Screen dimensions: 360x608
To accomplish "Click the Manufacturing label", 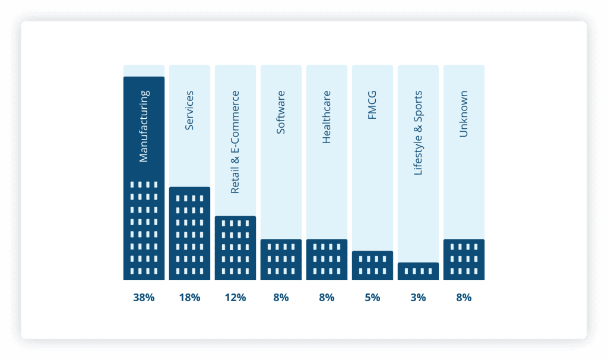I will [144, 126].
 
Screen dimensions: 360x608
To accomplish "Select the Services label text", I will [189, 110].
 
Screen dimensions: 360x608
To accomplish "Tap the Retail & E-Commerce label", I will [235, 142].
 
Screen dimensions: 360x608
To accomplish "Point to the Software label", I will [281, 112].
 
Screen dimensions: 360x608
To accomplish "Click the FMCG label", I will [372, 105].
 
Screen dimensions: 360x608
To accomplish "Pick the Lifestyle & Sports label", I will [418, 133].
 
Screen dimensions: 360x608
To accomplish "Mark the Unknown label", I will [464, 114].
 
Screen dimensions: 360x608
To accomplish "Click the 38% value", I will [144, 298].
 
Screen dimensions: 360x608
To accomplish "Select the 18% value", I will [189, 298].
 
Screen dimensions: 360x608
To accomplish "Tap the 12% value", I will [235, 298].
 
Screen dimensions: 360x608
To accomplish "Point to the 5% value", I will [372, 298].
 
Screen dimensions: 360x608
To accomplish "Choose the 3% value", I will [418, 298].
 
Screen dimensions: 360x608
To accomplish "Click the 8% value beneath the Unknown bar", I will [464, 298].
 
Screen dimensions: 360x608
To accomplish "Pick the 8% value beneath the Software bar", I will [281, 298].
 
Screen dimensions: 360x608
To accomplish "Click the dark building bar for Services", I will [189, 233].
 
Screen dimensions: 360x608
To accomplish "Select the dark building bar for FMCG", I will [372, 265].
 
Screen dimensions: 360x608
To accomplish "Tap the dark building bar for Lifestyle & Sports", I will [418, 271].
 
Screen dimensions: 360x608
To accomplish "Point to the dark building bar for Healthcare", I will [327, 260].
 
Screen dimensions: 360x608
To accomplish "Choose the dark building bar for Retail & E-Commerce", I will [235, 248].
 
